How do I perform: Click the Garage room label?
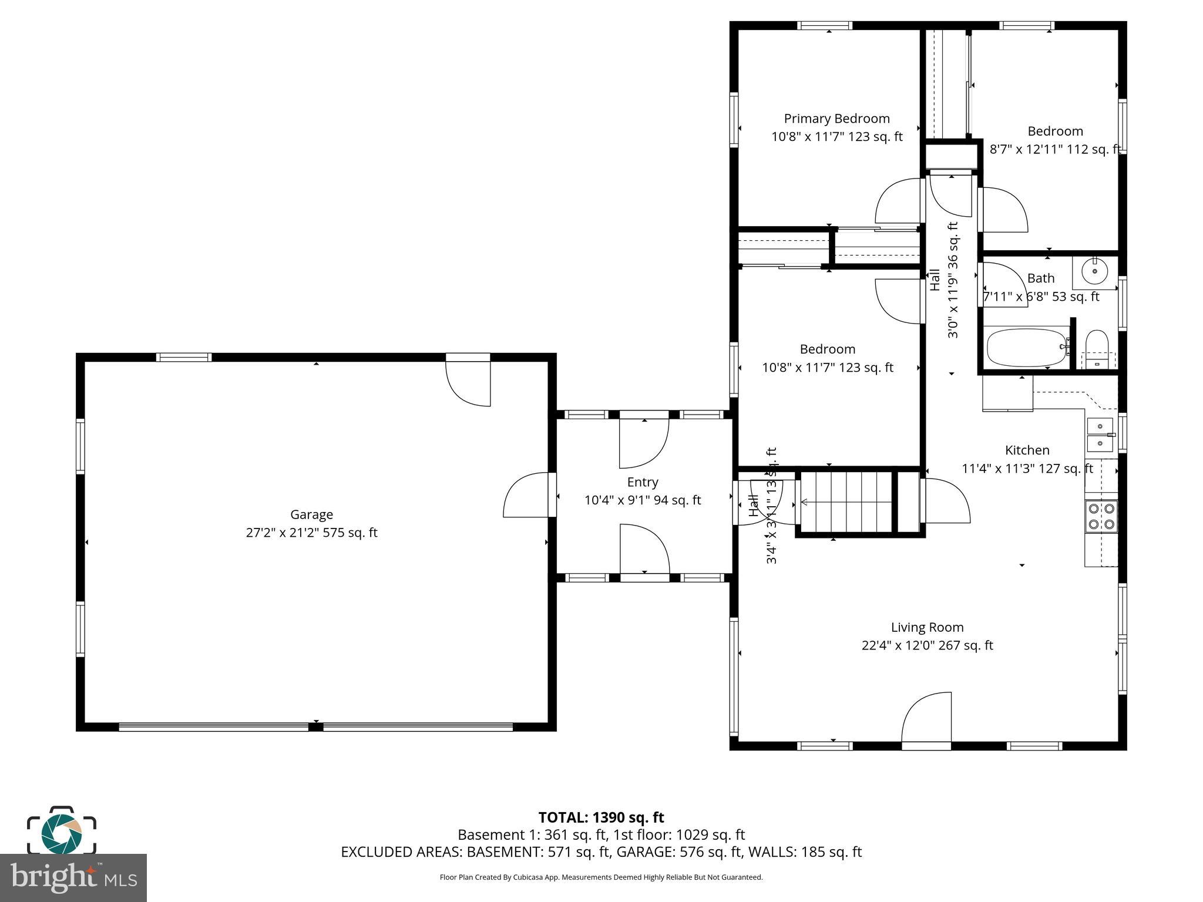(311, 514)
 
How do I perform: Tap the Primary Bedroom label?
(836, 119)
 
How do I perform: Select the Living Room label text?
(927, 627)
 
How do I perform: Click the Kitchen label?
(1027, 450)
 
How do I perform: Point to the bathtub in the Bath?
(1027, 348)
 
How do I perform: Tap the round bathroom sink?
(1095, 272)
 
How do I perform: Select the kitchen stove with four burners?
(1101, 516)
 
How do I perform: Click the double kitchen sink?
(1100, 435)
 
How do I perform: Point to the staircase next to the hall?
(846, 502)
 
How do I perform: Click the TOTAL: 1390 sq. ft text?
(601, 817)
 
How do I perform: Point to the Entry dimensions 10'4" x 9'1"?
(642, 500)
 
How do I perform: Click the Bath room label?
(1041, 278)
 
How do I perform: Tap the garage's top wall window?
(184, 357)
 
